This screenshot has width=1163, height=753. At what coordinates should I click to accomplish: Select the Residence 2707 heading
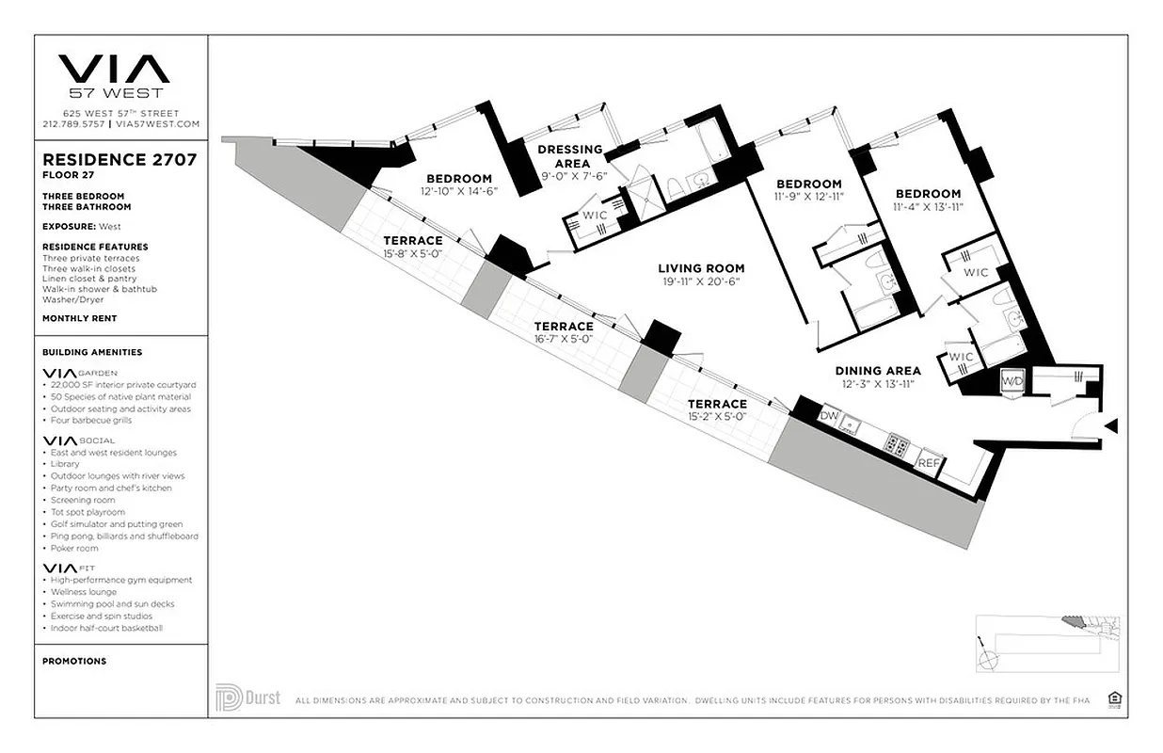[x=119, y=160]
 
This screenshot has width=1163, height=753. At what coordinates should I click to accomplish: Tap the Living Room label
[x=701, y=268]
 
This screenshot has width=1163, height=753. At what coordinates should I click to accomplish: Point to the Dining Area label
[x=878, y=371]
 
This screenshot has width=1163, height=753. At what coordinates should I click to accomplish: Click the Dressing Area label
[x=571, y=156]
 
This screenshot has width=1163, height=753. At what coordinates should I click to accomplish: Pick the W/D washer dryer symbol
[x=1012, y=381]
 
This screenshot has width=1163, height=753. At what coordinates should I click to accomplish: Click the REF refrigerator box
[x=929, y=462]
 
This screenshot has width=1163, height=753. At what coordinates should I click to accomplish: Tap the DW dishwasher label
[x=829, y=415]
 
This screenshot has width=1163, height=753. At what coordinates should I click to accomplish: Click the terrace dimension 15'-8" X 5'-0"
[x=412, y=254]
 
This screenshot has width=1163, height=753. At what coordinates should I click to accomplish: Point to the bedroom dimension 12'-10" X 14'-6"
[x=459, y=191]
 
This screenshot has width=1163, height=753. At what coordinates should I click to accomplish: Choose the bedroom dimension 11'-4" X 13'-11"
[x=928, y=207]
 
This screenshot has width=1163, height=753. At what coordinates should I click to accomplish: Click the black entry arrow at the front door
[x=1111, y=426]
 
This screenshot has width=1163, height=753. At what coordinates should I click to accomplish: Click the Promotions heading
[x=74, y=661]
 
